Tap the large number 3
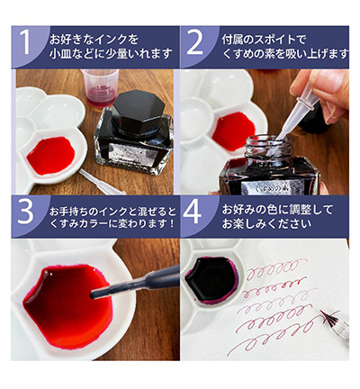30,214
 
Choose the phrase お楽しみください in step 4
261,224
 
